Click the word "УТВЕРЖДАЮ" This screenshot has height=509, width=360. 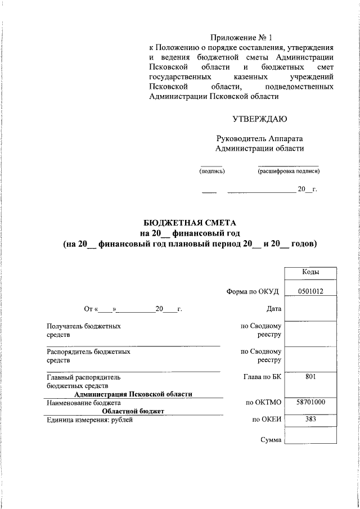(x=259, y=119)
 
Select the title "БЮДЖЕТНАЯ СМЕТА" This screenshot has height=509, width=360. (x=189, y=223)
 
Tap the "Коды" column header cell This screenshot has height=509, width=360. (x=311, y=272)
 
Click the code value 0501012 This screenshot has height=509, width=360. (x=311, y=291)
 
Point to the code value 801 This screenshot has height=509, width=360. (x=311, y=377)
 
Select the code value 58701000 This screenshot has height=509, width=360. (x=311, y=402)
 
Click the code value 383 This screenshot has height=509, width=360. (x=311, y=419)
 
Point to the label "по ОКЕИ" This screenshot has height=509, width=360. (x=266, y=420)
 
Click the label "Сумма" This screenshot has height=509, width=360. (x=271, y=439)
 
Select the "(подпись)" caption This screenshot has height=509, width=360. (x=212, y=171)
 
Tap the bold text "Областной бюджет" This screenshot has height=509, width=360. (x=133, y=411)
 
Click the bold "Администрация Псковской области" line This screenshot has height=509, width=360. (x=133, y=394)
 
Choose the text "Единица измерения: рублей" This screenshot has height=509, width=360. (x=89, y=420)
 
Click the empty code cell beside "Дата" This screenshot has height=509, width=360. (x=311, y=309)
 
